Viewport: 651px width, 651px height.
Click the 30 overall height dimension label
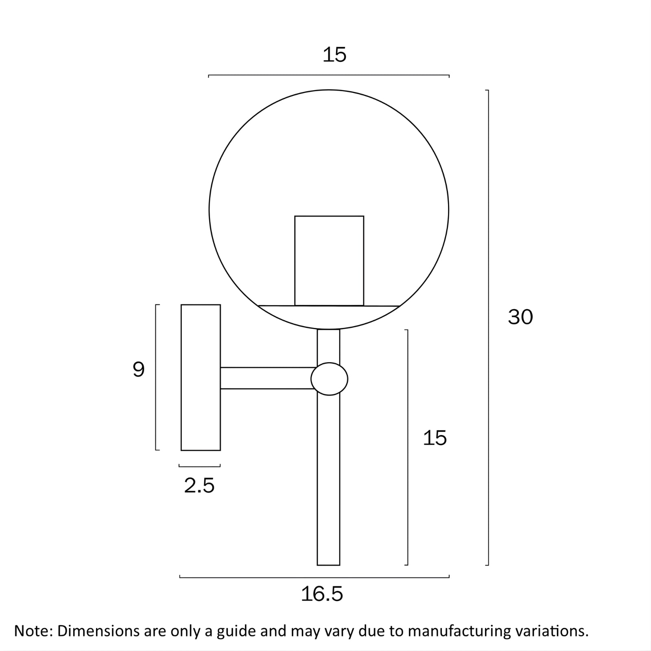[x=520, y=317]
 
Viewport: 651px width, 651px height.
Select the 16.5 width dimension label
[x=322, y=594]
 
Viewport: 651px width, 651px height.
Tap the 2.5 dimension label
[x=199, y=485]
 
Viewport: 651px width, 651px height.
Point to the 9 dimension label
[x=139, y=370]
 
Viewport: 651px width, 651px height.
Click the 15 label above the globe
[x=334, y=55]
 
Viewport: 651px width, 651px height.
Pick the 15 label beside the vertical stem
[x=435, y=438]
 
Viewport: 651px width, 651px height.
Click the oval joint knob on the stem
[x=329, y=379]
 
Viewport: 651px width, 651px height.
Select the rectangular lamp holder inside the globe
[x=329, y=260]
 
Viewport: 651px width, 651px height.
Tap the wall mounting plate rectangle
[x=201, y=377]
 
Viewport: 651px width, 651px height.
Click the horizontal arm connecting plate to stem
[x=267, y=378]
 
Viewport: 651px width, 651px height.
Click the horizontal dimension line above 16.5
[x=314, y=577]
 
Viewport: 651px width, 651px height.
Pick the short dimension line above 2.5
[x=199, y=466]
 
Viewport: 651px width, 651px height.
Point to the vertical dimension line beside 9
[x=156, y=377]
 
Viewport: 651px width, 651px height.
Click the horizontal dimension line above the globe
[x=329, y=76]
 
